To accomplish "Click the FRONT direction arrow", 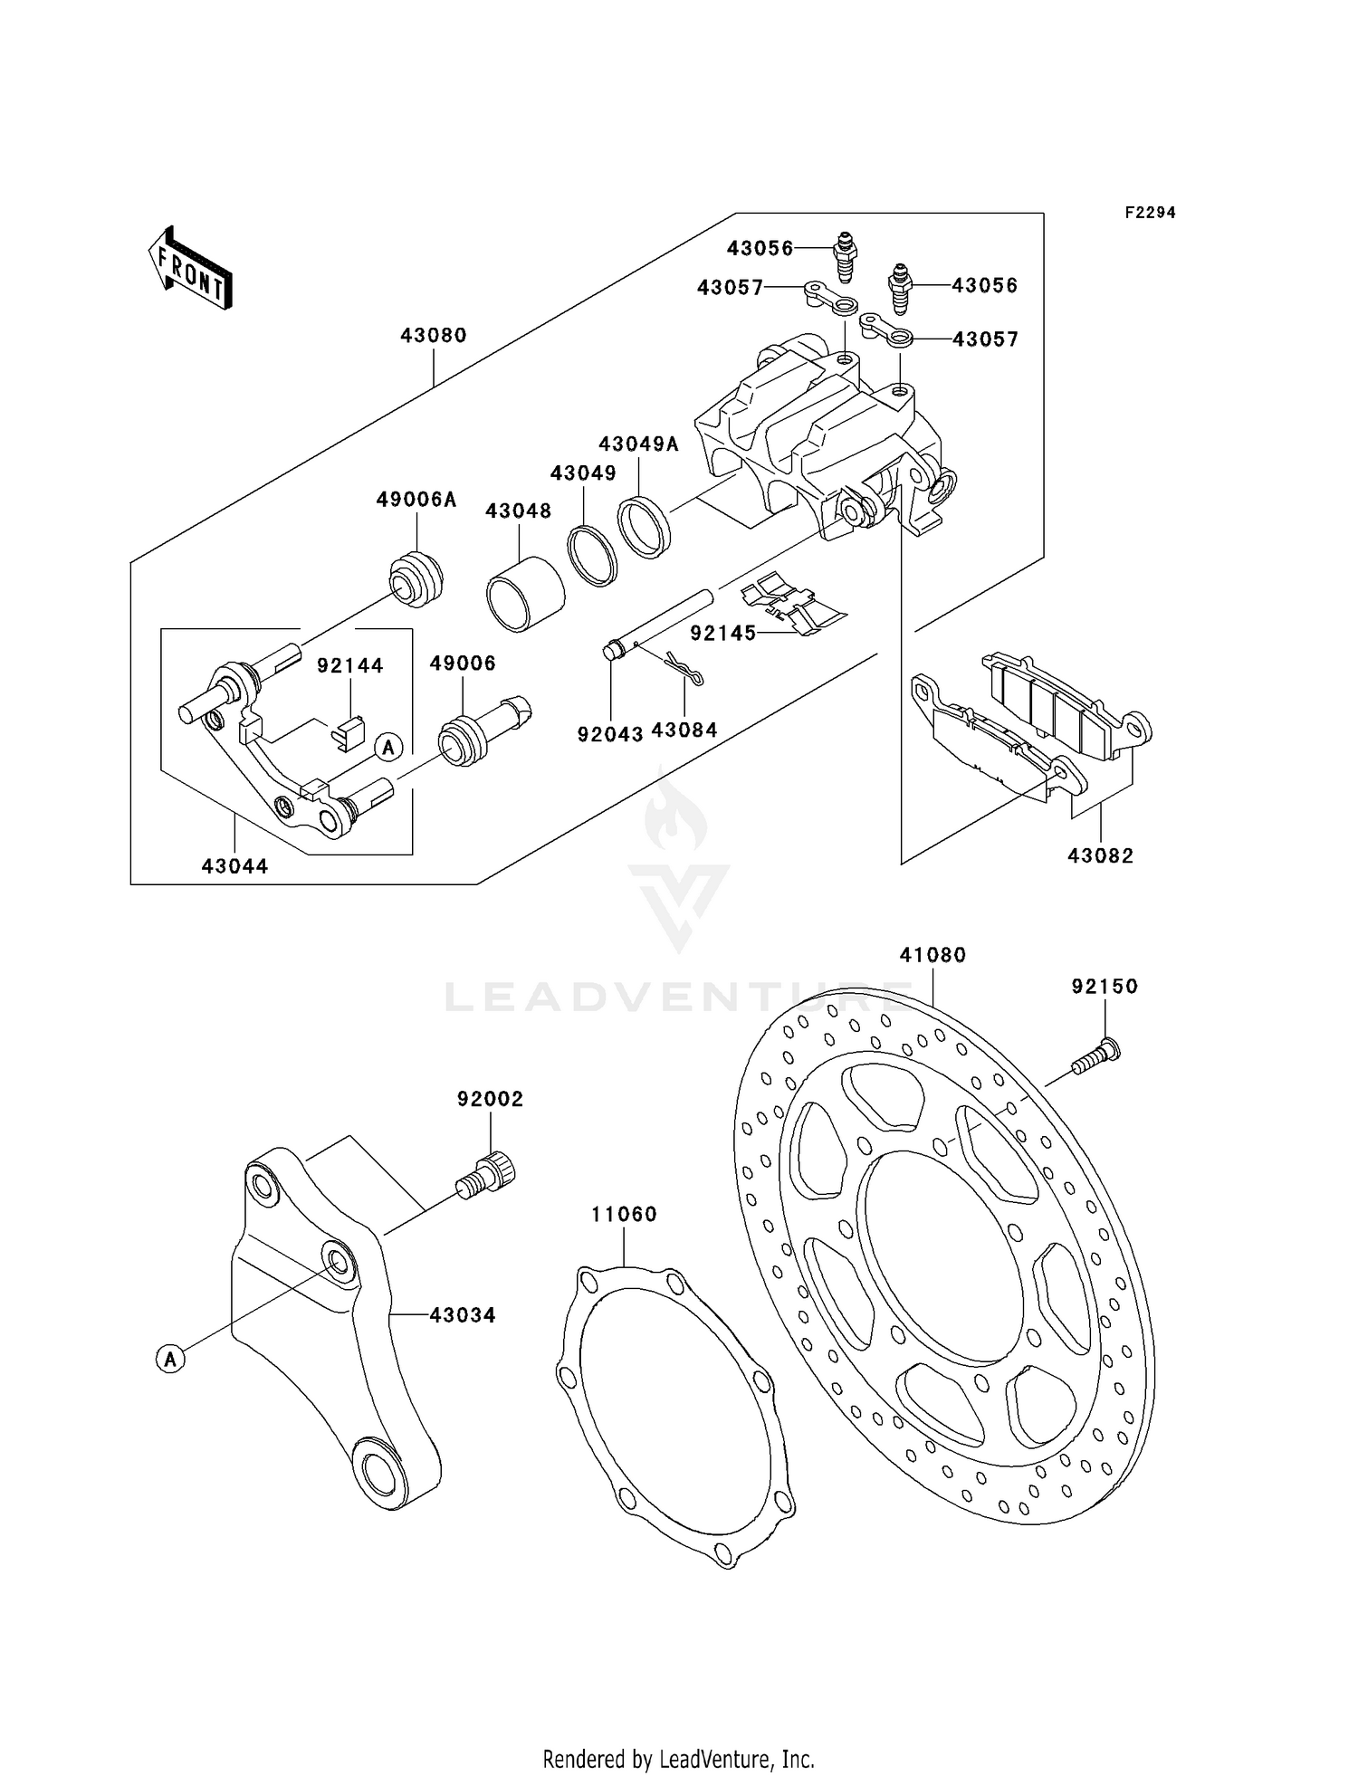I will pyautogui.click(x=191, y=271).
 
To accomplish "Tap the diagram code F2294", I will pyautogui.click(x=1150, y=213).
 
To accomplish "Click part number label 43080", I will pyautogui.click(x=434, y=335).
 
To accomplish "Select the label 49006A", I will pyautogui.click(x=416, y=500).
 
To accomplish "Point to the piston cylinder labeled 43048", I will pyautogui.click(x=525, y=593).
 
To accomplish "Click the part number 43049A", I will pyautogui.click(x=639, y=444).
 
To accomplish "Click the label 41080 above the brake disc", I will pyautogui.click(x=932, y=955).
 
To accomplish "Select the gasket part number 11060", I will pyautogui.click(x=624, y=1214).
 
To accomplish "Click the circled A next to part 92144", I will pyautogui.click(x=388, y=748).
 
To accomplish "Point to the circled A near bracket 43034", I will pyautogui.click(x=170, y=1358).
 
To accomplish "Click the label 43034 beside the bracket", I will pyautogui.click(x=463, y=1314).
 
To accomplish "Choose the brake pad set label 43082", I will pyautogui.click(x=1100, y=855).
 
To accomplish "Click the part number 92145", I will pyautogui.click(x=722, y=634).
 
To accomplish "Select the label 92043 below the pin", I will pyautogui.click(x=610, y=734).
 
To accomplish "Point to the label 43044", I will pyautogui.click(x=234, y=866).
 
